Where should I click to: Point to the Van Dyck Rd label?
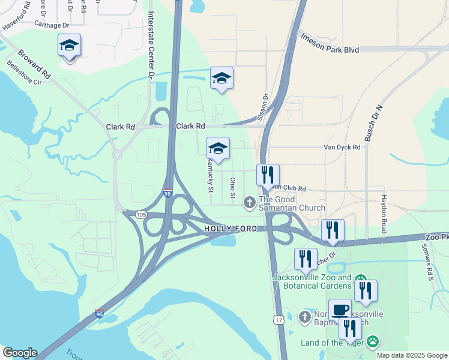(342, 147)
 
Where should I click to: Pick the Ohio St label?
(232, 188)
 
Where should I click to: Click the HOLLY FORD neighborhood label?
(231, 229)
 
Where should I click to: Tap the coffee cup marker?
(340, 310)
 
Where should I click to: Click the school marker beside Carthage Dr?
(70, 46)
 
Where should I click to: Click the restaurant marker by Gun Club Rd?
(268, 175)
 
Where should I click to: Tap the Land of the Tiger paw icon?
(373, 342)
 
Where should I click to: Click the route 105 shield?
(141, 215)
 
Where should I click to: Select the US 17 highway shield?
(279, 320)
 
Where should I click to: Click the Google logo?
(19, 353)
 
